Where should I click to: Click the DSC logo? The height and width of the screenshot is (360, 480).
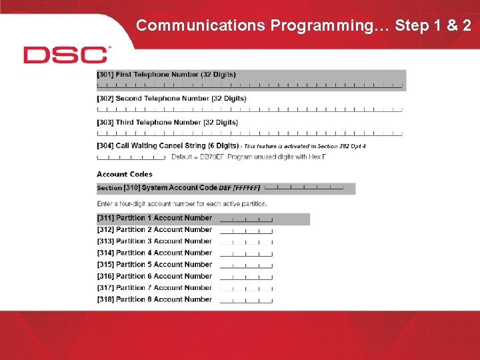point(66,55)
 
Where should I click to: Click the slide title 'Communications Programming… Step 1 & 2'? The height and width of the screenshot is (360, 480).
point(303,25)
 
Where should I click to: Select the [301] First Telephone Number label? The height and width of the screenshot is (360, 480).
point(166,75)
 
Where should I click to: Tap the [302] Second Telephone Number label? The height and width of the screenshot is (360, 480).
point(171,99)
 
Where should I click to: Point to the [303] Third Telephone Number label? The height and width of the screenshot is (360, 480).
point(167,123)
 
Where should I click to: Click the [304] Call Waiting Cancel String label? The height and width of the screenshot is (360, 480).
point(167,145)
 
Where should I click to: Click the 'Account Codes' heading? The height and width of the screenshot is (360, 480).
point(125,174)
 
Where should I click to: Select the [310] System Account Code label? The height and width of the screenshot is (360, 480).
point(157,188)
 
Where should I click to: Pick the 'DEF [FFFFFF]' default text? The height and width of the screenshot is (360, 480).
point(239,188)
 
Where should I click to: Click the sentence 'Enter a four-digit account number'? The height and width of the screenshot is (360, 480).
point(182,203)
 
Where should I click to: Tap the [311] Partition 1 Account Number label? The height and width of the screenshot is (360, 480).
point(155,218)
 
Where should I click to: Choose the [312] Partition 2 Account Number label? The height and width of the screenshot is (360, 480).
point(155,230)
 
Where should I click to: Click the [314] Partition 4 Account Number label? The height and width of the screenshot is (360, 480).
point(155,253)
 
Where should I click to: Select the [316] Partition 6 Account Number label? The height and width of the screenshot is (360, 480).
point(155,276)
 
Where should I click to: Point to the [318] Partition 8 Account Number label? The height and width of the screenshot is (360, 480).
point(155,299)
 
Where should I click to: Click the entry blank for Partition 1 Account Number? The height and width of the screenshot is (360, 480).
point(246,219)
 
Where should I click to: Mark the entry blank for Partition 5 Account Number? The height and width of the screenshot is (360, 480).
point(246,266)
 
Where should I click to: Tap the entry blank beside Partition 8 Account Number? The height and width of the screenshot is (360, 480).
point(246,301)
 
